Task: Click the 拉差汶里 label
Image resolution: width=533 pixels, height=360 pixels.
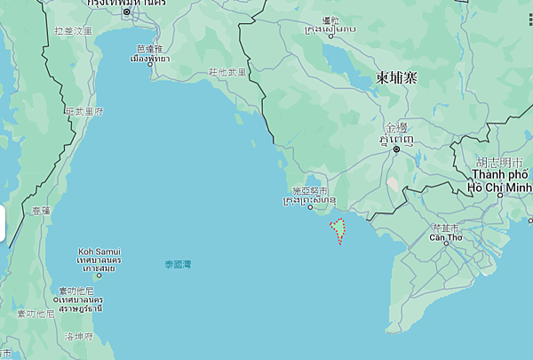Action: [73, 30]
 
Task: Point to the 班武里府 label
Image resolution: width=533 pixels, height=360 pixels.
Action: [84, 111]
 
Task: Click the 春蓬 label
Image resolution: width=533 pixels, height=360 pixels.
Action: [41, 211]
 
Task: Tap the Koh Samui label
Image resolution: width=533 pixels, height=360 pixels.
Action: [99, 252]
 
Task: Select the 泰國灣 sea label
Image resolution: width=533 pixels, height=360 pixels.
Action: [178, 264]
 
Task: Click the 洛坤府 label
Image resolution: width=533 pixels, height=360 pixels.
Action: [79, 336]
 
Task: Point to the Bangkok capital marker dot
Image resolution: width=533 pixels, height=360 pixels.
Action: [126, 12]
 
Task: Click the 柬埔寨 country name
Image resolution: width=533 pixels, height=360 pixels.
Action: [395, 77]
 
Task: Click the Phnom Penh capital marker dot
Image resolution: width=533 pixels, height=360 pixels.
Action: [396, 148]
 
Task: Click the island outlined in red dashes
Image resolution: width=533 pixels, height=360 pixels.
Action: [338, 229]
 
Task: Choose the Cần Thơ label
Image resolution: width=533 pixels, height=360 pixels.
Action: [445, 237]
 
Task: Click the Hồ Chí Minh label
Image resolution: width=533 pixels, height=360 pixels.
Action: [500, 188]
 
